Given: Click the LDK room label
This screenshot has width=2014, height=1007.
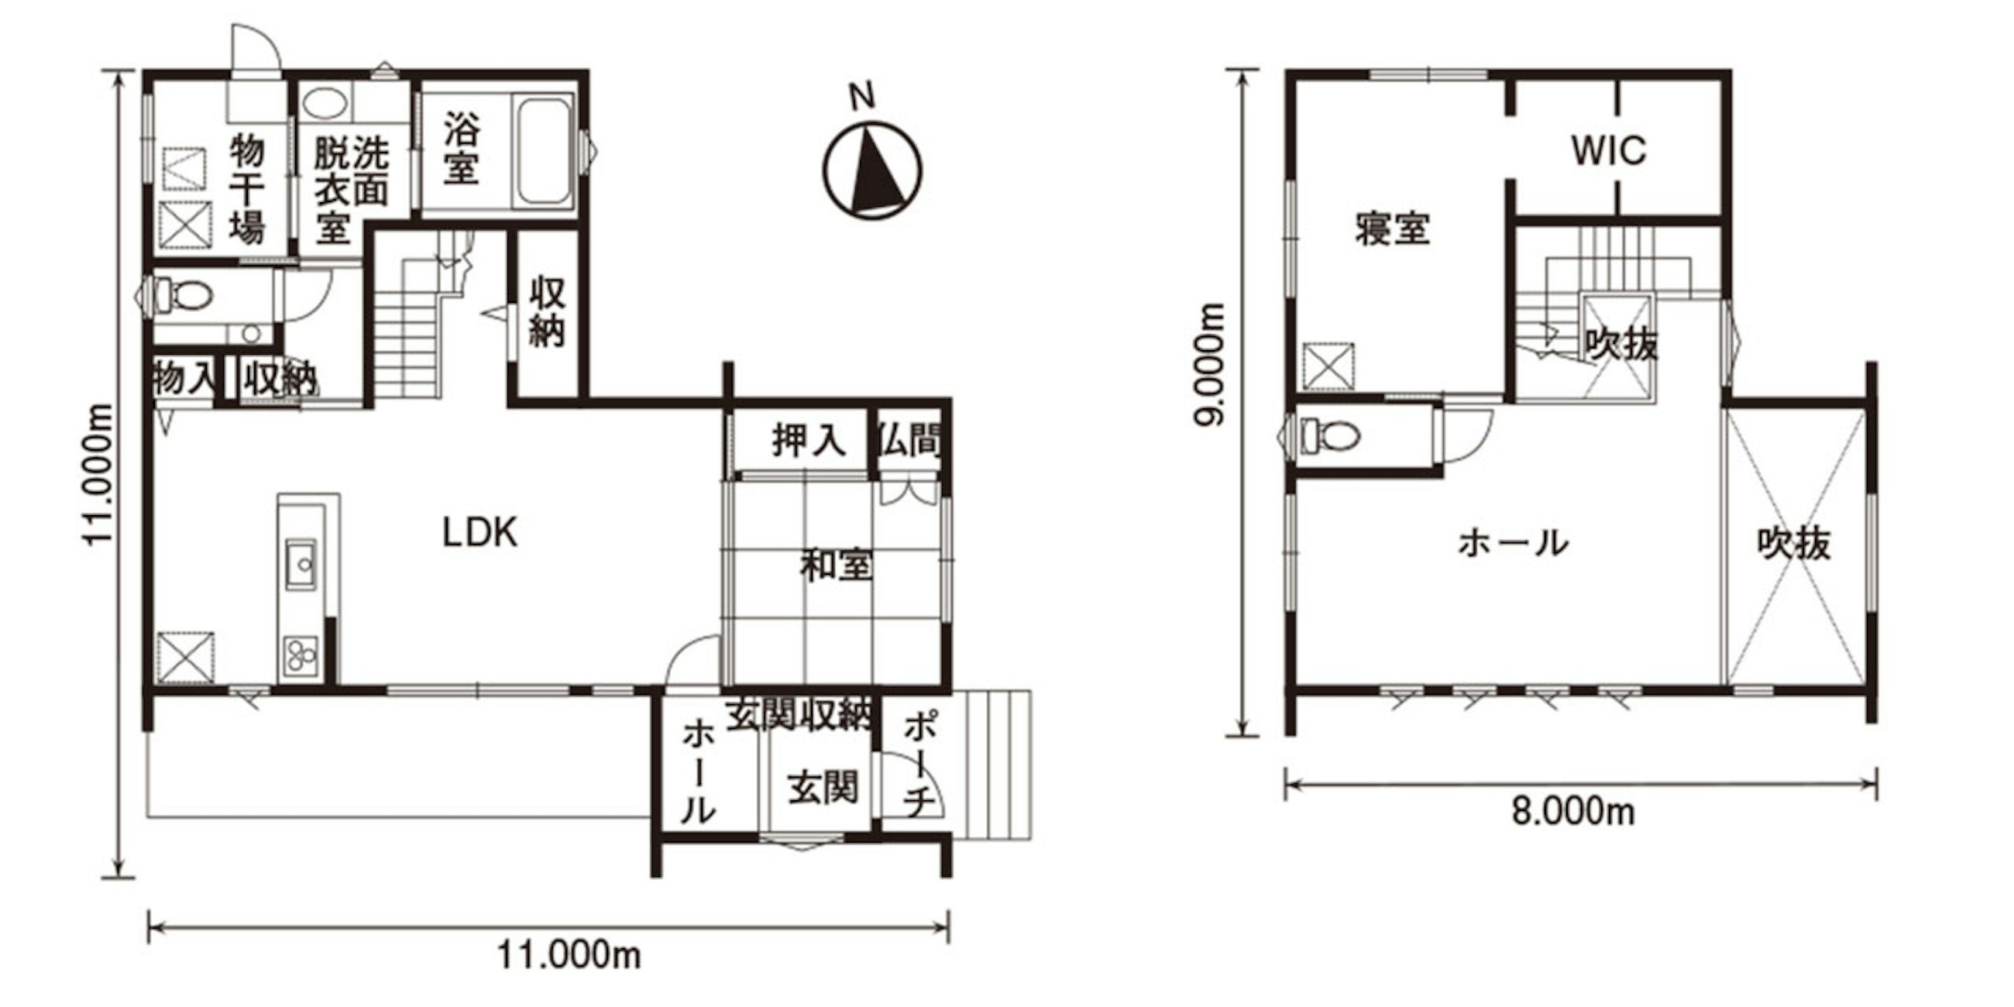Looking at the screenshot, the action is coord(479,533).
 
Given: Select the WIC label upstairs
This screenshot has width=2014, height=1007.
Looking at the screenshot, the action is coord(1609,151).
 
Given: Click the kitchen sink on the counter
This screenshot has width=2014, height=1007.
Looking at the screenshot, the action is coord(301,563).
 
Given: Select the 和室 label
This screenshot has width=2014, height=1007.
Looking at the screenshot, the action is coord(836,566).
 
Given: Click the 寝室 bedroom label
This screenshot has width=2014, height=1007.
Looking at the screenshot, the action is coord(1393,229).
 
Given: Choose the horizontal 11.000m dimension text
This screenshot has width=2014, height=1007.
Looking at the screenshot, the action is coord(569,955).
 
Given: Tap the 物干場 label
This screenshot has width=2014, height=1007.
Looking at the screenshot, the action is coord(247,189).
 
